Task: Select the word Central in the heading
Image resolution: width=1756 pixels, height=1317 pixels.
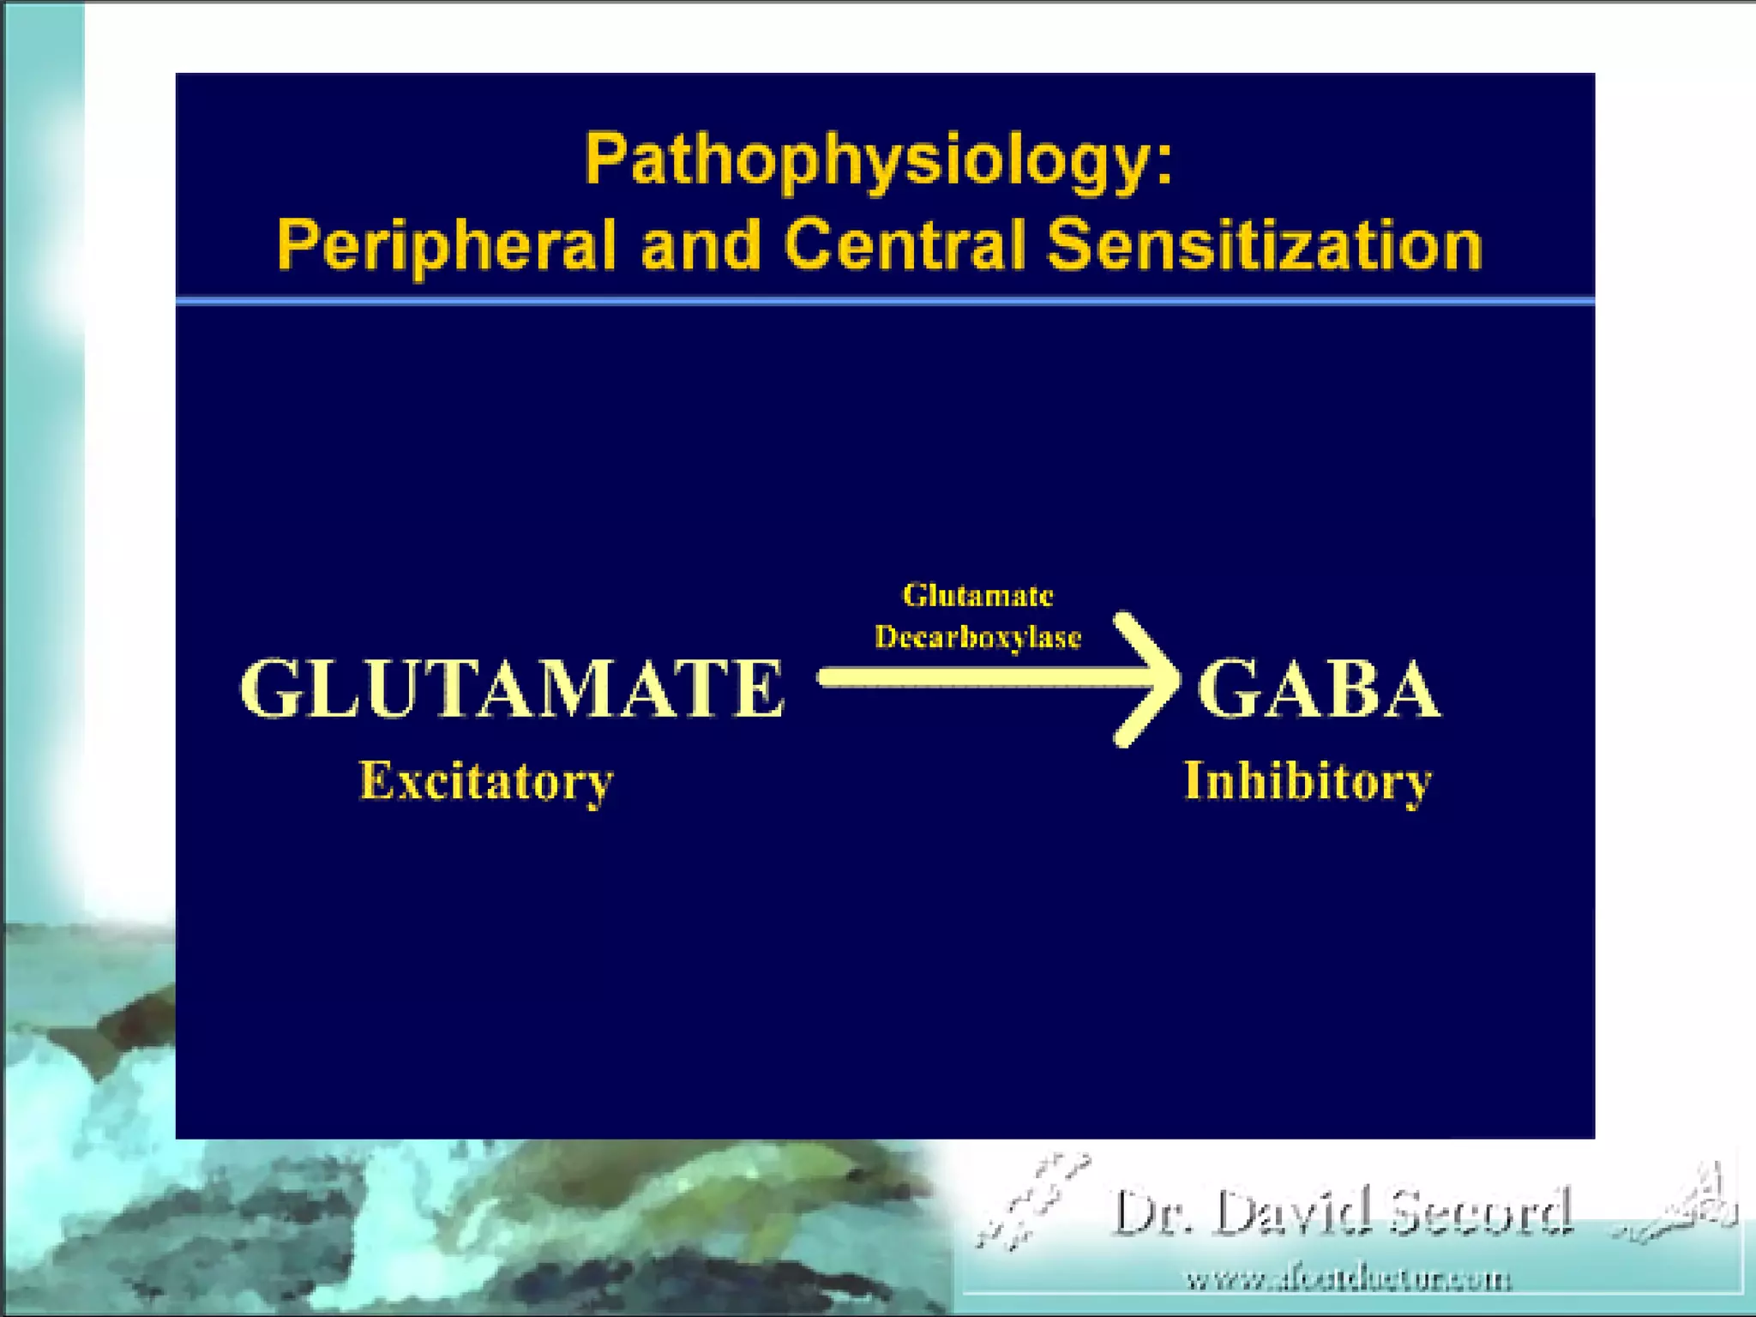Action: [x=905, y=244]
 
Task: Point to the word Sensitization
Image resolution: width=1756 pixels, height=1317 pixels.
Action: [x=1265, y=244]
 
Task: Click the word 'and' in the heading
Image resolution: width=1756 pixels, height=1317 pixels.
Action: [x=701, y=244]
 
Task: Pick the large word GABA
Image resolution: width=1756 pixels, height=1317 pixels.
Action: [x=1319, y=690]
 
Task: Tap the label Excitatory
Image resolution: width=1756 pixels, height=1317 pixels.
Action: [x=486, y=782]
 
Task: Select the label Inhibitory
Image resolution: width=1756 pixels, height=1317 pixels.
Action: [x=1308, y=782]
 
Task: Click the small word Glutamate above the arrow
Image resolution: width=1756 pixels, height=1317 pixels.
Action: [x=977, y=595]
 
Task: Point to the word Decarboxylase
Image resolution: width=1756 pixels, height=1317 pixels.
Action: [x=977, y=637]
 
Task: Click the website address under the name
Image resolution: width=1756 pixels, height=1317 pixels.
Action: [x=1349, y=1280]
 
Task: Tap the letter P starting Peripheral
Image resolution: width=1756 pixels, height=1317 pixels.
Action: [x=297, y=244]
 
